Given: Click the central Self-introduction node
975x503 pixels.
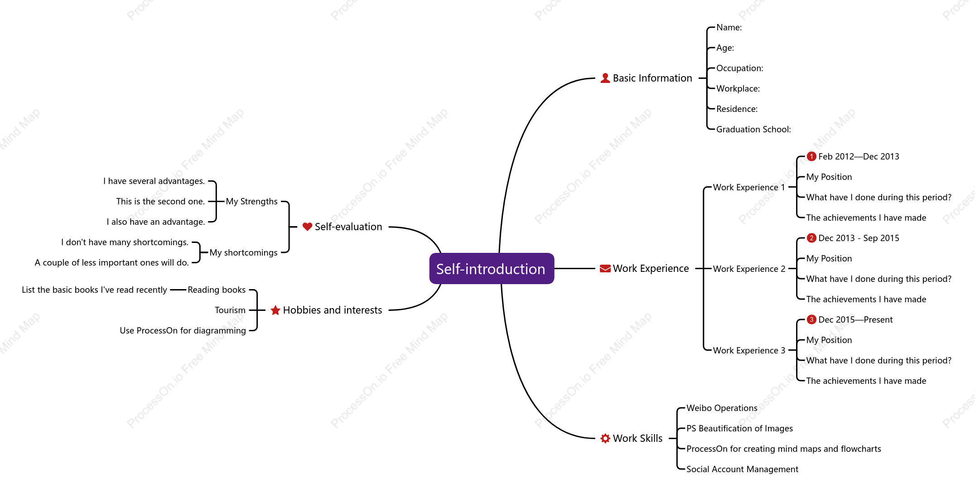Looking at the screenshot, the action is (x=492, y=269).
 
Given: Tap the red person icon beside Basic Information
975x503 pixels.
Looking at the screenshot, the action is (x=605, y=78).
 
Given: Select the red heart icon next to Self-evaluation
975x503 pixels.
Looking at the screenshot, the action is (x=307, y=227).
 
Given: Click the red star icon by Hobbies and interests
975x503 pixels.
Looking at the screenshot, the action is (x=275, y=310).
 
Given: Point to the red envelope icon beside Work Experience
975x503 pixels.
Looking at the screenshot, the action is (x=605, y=269).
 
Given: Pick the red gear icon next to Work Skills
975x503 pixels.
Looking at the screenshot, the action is (x=605, y=438).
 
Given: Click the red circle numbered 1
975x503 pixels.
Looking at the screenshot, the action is (x=811, y=156).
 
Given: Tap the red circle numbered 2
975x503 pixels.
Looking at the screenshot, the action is (x=811, y=238).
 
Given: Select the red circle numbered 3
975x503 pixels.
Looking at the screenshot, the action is (x=811, y=319).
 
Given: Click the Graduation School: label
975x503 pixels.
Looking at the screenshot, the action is (x=753, y=129).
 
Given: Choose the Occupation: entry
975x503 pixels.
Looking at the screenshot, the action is (x=739, y=68).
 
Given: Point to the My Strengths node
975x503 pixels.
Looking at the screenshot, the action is (x=251, y=201).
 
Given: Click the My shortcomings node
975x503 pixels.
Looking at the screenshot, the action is (x=243, y=252).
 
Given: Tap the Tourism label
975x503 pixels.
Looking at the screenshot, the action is (x=230, y=310).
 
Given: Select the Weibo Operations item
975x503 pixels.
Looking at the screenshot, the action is (x=722, y=408).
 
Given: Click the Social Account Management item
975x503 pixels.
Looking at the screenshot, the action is (x=742, y=469).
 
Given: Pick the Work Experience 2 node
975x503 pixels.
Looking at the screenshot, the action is (x=749, y=269).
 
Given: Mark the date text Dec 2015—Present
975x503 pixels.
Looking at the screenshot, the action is (x=855, y=319).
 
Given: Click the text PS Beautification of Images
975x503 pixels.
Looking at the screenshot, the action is (x=739, y=428).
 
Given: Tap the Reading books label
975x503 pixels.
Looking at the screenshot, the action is (x=217, y=290).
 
